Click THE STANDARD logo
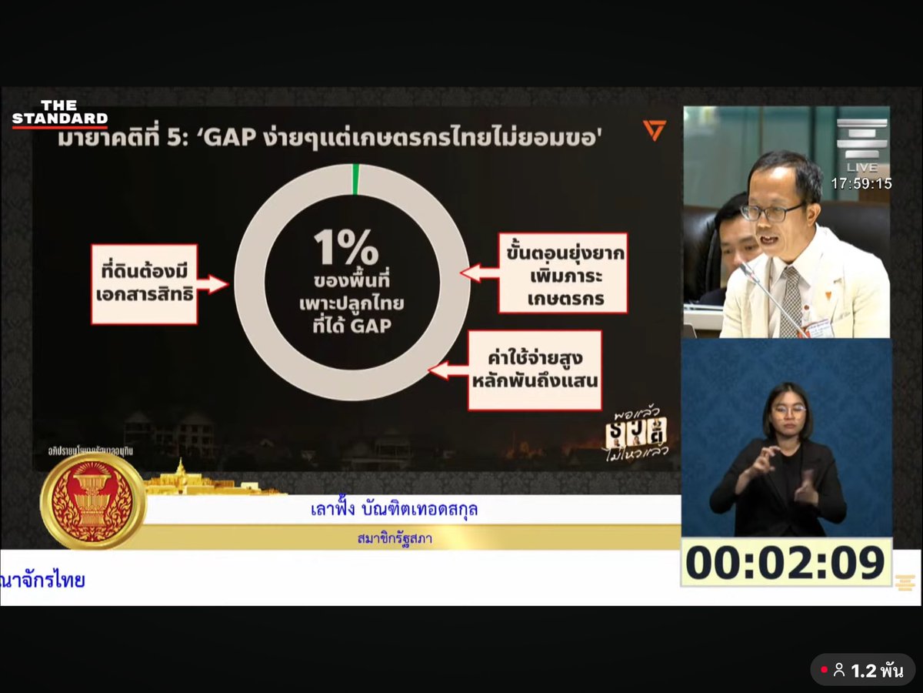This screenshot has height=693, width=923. (59, 114)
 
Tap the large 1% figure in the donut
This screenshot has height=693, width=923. (345, 247)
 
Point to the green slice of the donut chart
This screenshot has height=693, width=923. (355, 179)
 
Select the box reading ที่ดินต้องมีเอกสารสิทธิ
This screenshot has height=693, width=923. (145, 284)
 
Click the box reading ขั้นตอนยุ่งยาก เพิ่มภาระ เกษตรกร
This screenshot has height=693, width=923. (562, 273)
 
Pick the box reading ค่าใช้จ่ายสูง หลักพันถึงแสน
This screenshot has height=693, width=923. (535, 370)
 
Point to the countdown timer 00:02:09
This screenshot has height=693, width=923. (785, 563)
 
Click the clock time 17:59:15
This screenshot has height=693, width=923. (861, 184)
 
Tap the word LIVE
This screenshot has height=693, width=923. (861, 167)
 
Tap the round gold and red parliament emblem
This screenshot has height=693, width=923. (93, 500)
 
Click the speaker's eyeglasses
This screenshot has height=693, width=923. (772, 211)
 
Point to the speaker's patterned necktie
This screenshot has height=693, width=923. (790, 300)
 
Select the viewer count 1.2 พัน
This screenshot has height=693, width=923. (869, 671)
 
